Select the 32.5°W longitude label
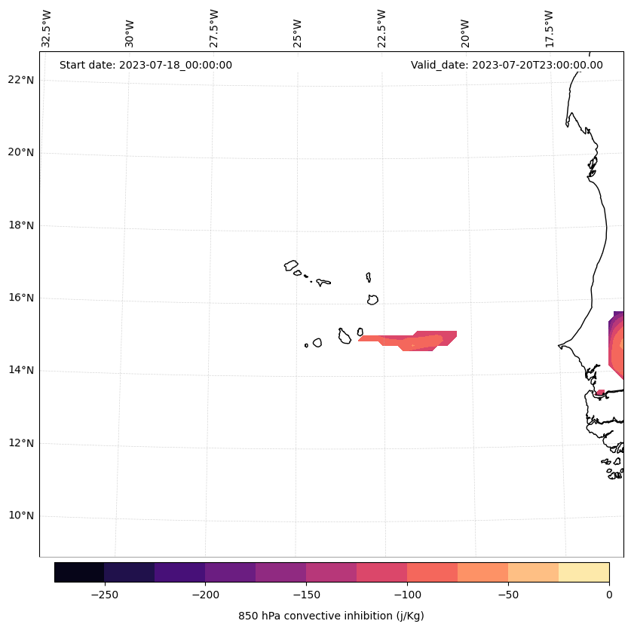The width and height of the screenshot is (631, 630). [47, 29]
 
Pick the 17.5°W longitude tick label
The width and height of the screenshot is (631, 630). [550, 29]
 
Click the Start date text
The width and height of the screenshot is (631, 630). [145, 65]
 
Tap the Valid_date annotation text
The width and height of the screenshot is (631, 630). [507, 65]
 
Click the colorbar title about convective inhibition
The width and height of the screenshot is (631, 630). [331, 616]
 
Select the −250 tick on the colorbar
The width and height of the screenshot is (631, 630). [104, 595]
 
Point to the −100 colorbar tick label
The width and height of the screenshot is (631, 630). [407, 595]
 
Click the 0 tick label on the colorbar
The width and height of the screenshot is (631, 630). [608, 595]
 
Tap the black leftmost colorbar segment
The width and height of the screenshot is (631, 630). [79, 572]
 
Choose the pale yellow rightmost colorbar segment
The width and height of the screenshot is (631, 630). [584, 572]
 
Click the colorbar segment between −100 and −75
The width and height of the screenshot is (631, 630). [432, 572]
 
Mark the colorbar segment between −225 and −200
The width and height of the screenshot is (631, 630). [179, 572]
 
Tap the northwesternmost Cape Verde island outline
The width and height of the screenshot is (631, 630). [291, 265]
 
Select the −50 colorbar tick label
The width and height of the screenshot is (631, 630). [508, 595]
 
